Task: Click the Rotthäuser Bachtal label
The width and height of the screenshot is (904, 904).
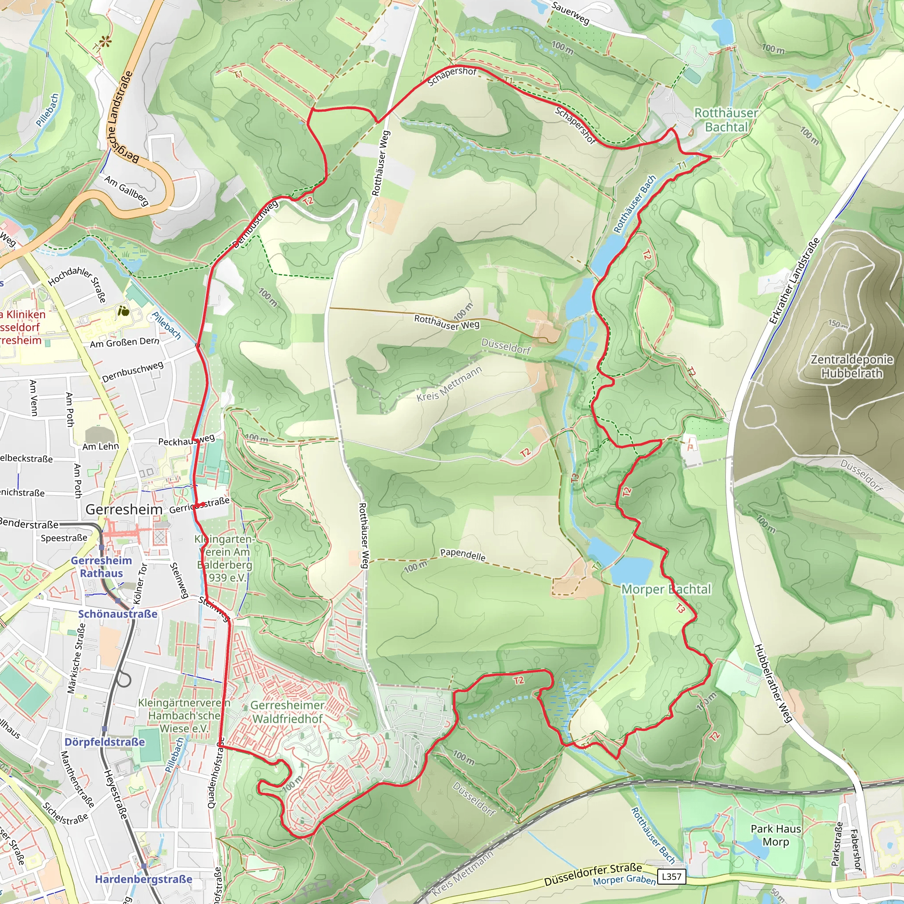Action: pyautogui.click(x=726, y=120)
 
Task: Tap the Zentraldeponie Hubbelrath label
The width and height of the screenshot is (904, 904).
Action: pyautogui.click(x=851, y=366)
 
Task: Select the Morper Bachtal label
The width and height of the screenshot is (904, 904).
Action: pyautogui.click(x=666, y=590)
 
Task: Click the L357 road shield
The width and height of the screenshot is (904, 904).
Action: pyautogui.click(x=671, y=876)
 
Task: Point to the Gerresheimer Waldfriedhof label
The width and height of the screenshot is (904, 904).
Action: pyautogui.click(x=288, y=712)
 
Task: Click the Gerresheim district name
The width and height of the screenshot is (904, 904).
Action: pyautogui.click(x=124, y=509)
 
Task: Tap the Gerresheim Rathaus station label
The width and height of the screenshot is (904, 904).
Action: pyautogui.click(x=101, y=567)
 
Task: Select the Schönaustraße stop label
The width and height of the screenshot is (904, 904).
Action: pyautogui.click(x=117, y=614)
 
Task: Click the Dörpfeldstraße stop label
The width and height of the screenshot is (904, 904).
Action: pyautogui.click(x=105, y=742)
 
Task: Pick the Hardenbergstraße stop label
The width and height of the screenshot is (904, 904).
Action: pyautogui.click(x=143, y=879)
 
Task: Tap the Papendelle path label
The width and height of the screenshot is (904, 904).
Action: pyautogui.click(x=463, y=555)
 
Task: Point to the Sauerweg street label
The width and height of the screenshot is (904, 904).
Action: pyautogui.click(x=570, y=13)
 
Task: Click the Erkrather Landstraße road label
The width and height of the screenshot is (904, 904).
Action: pyautogui.click(x=795, y=281)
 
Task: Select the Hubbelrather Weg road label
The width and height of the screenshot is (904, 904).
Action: pyautogui.click(x=773, y=684)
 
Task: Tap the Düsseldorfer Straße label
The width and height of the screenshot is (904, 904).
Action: pyautogui.click(x=593, y=875)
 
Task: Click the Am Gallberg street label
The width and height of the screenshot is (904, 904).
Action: pyautogui.click(x=126, y=190)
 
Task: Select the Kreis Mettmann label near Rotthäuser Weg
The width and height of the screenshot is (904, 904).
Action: pyautogui.click(x=449, y=384)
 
